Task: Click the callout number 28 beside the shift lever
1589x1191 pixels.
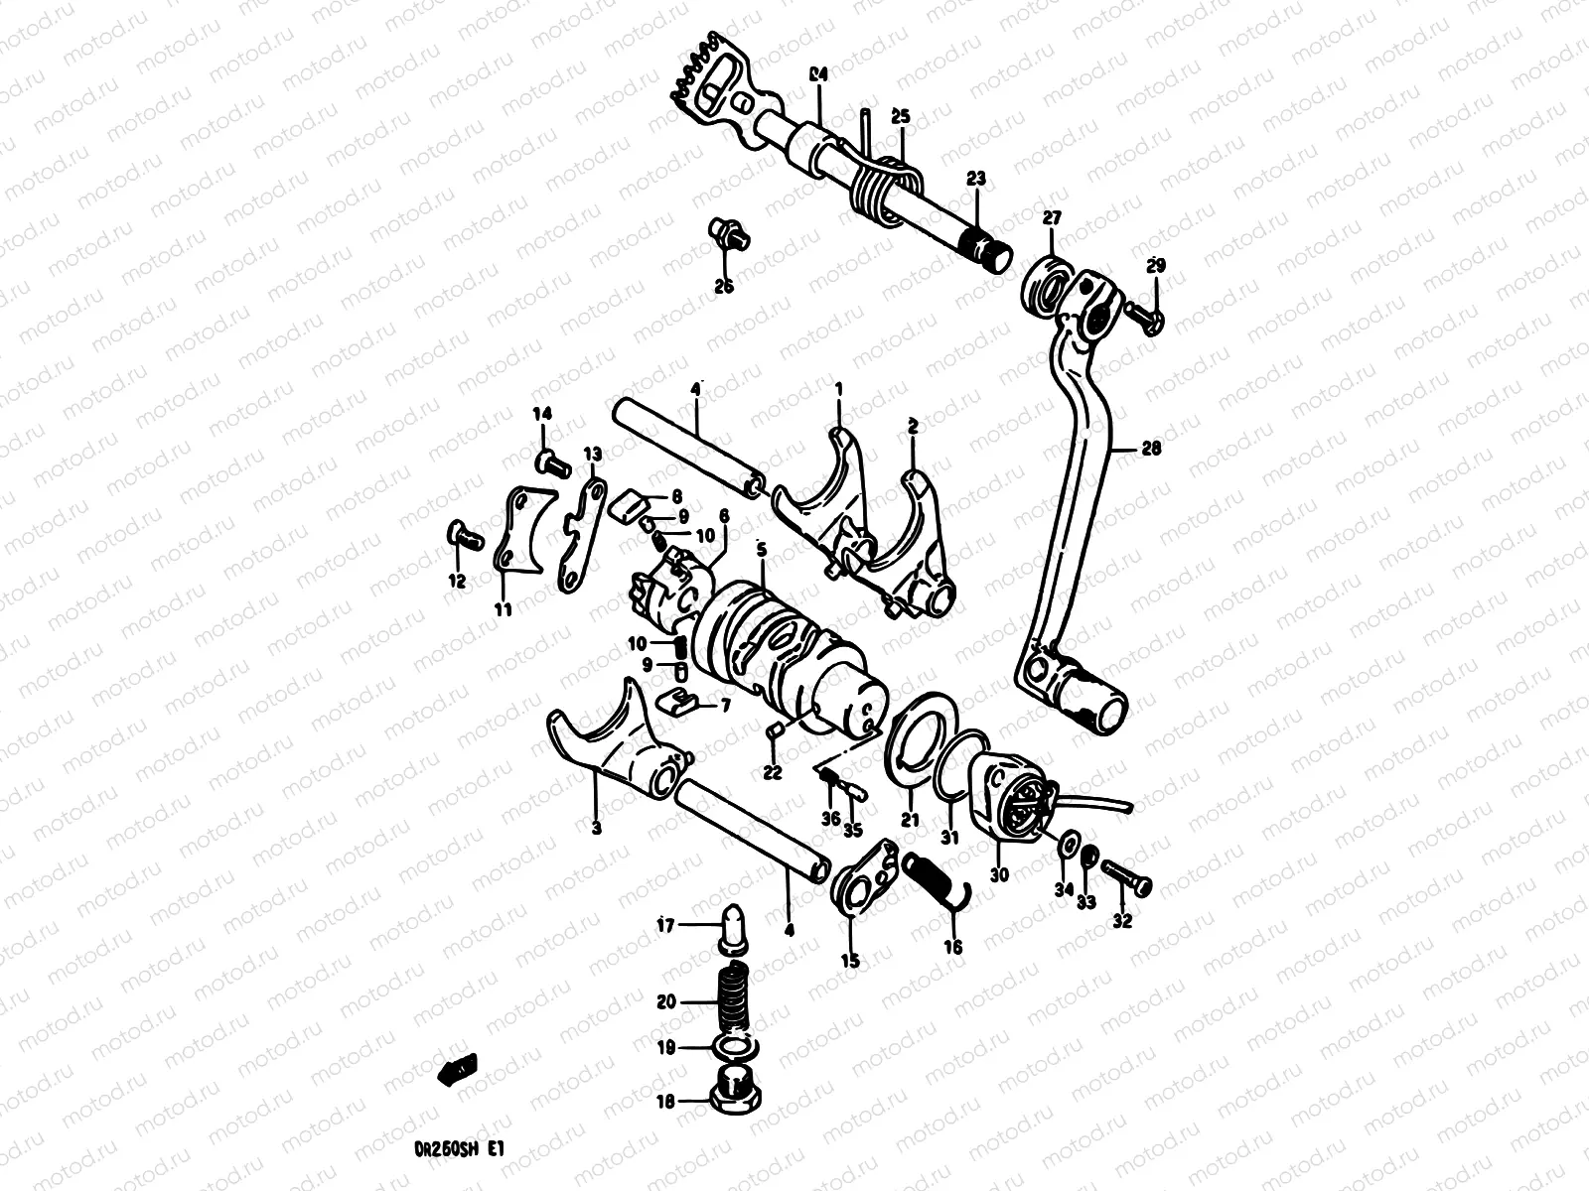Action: coord(1151,449)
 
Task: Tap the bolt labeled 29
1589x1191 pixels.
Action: coord(1142,319)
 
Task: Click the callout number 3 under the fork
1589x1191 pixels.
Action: coord(596,829)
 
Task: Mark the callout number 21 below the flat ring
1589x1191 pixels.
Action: coord(910,820)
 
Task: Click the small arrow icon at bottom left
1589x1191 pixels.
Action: coord(459,1068)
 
